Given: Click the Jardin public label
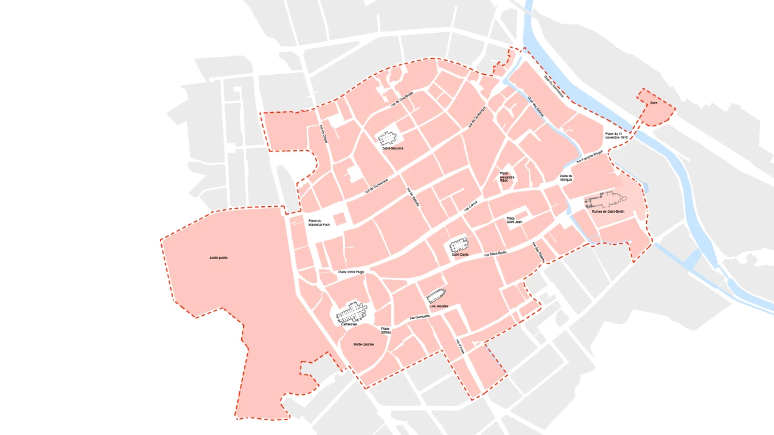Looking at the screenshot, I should point(219,258).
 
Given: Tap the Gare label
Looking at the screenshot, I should point(653,102).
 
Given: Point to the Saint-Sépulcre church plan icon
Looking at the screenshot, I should point(388,138).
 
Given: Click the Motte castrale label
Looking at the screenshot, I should point(364,345).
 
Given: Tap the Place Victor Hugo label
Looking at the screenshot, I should point(351,273).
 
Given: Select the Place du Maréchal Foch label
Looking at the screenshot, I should point(319,223).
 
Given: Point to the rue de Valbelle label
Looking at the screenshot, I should point(413,196).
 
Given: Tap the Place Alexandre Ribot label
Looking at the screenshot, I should point(504,177).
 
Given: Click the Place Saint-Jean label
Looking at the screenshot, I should point(514,220).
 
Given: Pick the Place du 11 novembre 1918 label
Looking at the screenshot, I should point(617,136).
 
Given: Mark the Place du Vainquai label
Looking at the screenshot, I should point(566,178).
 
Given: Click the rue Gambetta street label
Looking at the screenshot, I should point(420,318).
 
